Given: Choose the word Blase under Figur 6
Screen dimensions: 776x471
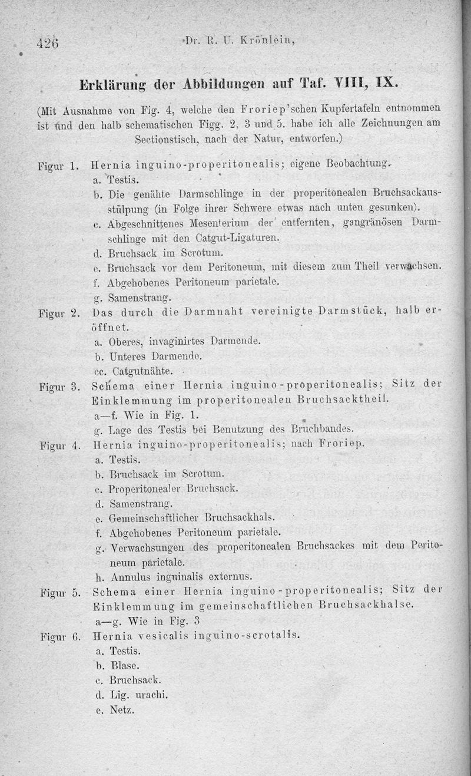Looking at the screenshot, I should click(124, 665).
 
